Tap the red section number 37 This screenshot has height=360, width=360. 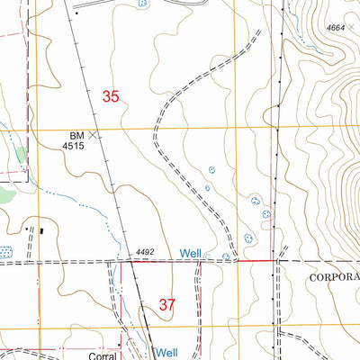167,305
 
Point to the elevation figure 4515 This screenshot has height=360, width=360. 73,146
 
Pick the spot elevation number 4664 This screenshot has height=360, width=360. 335,29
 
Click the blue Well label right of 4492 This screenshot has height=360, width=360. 189,254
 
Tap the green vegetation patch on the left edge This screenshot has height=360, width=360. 4,193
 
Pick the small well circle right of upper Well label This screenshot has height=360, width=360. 209,256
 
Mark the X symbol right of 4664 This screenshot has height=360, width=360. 352,27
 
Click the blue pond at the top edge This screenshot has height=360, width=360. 142,4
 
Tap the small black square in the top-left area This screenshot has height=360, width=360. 77,14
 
